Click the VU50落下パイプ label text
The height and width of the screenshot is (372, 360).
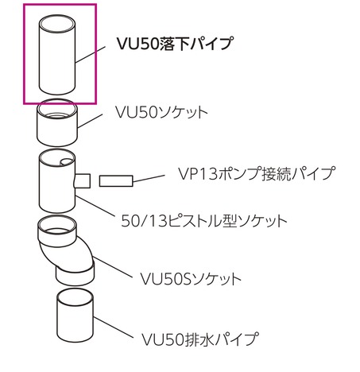175,44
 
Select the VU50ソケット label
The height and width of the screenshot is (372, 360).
161,112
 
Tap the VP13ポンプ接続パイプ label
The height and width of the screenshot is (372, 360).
257,174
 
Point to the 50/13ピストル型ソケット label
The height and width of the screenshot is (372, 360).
204,221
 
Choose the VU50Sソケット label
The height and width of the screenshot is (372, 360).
190,279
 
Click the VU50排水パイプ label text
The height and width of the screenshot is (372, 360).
199,339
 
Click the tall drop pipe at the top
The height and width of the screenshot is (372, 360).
57,55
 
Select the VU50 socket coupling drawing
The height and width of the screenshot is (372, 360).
57,122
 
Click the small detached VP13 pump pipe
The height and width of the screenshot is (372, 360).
116,181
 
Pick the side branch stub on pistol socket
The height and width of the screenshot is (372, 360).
83,180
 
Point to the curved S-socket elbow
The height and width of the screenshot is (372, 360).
66,250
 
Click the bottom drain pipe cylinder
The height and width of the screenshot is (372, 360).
75,316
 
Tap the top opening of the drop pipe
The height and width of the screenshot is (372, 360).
57,23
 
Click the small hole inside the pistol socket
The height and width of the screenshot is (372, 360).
67,162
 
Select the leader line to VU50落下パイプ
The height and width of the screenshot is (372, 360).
91,55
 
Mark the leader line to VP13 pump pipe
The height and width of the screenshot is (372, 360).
149,178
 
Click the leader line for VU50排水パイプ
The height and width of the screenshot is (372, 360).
113,327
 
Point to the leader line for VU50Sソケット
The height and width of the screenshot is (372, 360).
112,267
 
